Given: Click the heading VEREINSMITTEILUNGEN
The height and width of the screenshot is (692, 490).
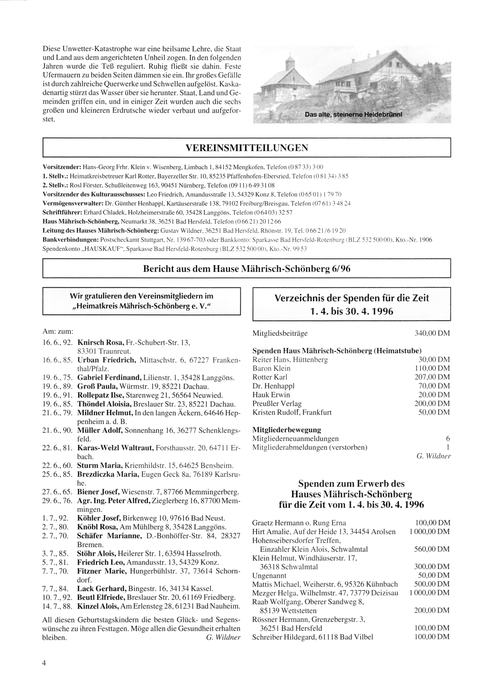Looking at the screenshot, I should [246, 148].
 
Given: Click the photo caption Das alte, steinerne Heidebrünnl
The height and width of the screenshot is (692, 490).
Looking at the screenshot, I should [353, 115].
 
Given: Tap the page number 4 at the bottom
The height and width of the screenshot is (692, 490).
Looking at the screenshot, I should [45, 664].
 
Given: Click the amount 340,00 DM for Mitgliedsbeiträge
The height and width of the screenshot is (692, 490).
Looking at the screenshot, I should [432, 333].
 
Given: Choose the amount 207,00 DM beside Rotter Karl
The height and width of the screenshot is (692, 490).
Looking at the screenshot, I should [432, 377].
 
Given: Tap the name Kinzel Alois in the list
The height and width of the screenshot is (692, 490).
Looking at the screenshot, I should [97, 606].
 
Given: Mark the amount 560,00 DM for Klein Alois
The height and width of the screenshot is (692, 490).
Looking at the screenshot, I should [432, 549].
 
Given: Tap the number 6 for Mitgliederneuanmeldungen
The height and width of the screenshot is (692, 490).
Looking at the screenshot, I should [447, 439].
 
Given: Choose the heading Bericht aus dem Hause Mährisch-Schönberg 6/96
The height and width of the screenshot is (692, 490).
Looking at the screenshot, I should [246, 269].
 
